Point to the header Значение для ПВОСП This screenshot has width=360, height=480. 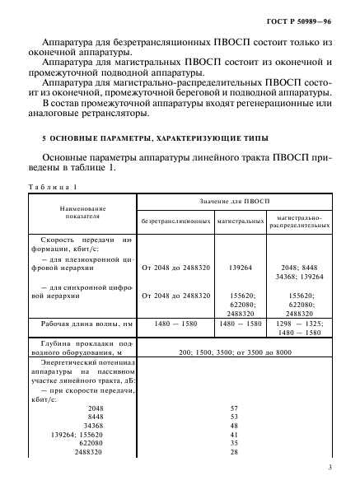[234, 202]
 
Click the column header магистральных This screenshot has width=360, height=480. [240, 221]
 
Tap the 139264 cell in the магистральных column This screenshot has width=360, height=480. [240, 268]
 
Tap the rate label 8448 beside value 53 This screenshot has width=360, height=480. [92, 417]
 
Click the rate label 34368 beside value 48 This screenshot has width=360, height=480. [91, 426]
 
